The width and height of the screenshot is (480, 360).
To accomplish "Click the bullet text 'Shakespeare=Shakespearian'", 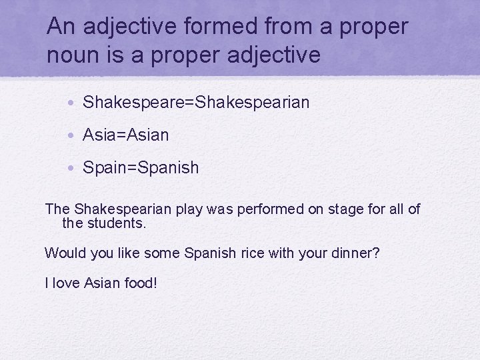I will tap(196, 102).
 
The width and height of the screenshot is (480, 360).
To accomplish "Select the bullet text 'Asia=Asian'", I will tap(126, 135).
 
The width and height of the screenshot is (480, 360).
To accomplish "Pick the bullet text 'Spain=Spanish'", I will tap(141, 167).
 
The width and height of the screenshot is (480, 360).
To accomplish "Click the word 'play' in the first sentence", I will tap(189, 209).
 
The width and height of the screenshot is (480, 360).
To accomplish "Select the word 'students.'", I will tap(116, 223).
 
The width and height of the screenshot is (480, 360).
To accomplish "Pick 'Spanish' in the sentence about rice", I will tap(210, 253).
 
